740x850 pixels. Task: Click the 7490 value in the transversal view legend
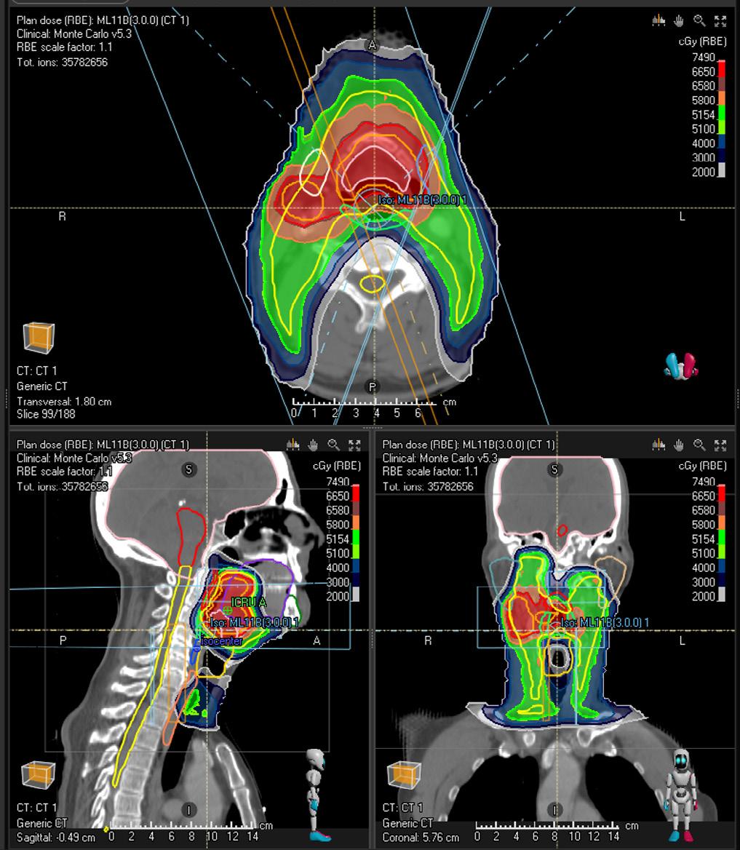(703, 57)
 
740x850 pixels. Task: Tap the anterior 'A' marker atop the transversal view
(373, 45)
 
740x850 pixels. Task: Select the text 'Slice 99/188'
(47, 414)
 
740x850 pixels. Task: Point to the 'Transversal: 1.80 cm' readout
(64, 402)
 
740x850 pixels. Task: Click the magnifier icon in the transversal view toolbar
(699, 21)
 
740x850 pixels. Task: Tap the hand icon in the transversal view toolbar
(679, 21)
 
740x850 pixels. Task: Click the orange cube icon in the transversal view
(39, 338)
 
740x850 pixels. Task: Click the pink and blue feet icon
(681, 365)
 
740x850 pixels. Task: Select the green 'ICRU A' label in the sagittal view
(248, 603)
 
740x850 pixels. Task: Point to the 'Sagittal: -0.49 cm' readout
(56, 837)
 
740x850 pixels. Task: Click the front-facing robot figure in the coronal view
(682, 795)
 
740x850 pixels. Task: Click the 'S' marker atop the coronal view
(554, 470)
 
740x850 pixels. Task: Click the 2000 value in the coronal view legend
(703, 597)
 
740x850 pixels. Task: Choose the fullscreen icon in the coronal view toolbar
(720, 445)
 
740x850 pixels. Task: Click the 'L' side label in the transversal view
(682, 217)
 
